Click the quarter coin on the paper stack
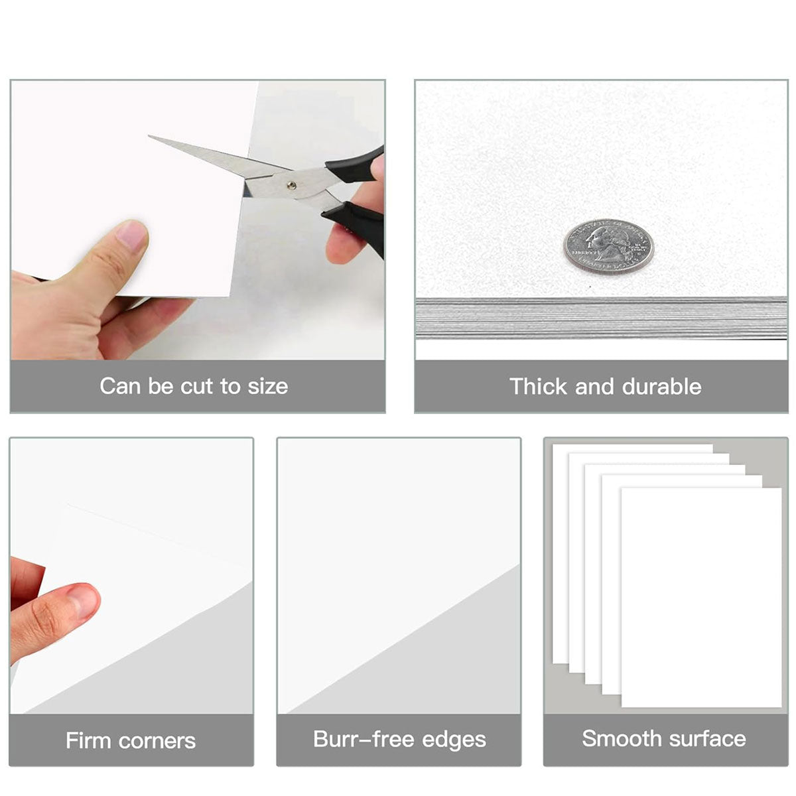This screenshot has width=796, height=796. tap(608, 245)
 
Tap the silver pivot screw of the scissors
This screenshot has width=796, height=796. tap(291, 186)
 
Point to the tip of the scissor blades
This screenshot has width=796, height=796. tap(151, 137)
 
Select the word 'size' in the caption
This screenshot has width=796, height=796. tap(268, 386)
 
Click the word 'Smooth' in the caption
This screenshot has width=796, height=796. tap(622, 738)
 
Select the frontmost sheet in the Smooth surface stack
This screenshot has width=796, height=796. tap(701, 597)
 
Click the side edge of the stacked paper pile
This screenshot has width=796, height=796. tap(600, 318)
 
